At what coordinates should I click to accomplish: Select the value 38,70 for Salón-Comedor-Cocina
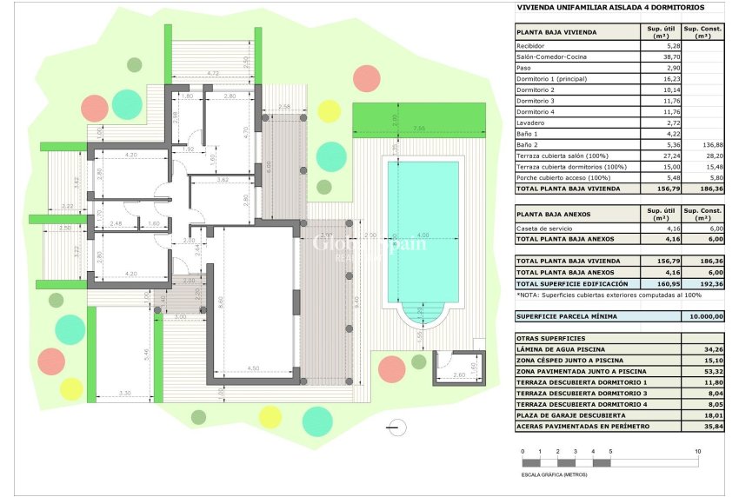click(657, 56)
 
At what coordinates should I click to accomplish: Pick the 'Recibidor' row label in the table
click(530, 45)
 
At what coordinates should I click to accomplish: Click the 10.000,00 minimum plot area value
click(703, 317)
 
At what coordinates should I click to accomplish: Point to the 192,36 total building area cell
click(703, 284)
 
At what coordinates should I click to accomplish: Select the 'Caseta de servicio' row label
click(542, 228)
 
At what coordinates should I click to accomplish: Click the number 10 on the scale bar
click(698, 453)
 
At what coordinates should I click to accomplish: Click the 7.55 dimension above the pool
click(418, 128)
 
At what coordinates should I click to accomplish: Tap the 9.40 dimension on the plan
click(357, 301)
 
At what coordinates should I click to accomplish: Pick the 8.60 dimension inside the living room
click(223, 300)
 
